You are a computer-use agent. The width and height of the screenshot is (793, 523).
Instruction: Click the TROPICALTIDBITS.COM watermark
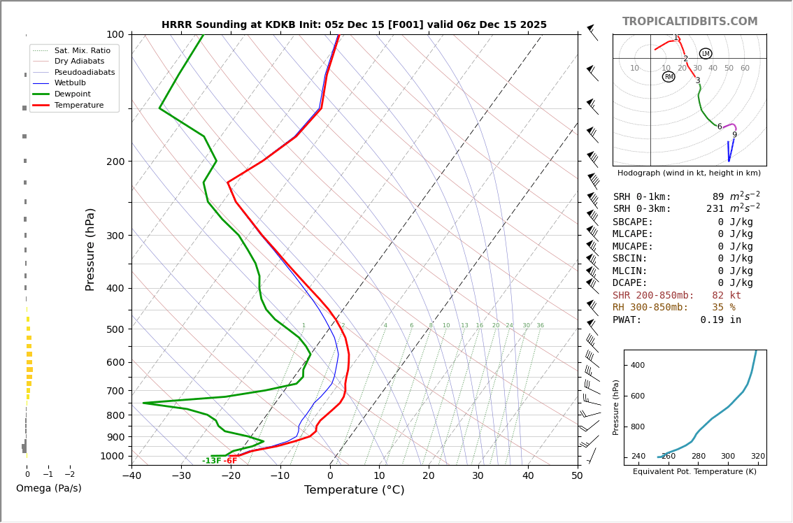[690, 22]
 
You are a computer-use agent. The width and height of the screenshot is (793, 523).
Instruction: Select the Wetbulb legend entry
[71, 83]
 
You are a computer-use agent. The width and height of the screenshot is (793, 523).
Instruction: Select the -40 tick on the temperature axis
[131, 476]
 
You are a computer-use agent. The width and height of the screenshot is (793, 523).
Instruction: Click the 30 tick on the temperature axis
[478, 476]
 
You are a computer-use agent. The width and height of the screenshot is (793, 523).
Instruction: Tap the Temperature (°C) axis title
[354, 490]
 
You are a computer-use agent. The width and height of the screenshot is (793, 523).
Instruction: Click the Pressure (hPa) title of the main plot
[90, 249]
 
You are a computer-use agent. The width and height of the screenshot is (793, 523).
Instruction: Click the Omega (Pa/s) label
[48, 488]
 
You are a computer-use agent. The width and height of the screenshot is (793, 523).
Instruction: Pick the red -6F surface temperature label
[230, 461]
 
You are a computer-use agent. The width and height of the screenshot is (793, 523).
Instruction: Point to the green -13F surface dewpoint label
[211, 461]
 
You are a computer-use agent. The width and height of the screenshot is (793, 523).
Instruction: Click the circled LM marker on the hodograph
[706, 54]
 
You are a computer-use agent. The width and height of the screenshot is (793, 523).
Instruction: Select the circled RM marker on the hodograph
[669, 77]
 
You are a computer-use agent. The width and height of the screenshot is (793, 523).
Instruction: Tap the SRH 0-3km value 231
[715, 209]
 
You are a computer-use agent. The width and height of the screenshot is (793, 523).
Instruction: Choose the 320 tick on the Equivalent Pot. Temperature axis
[758, 457]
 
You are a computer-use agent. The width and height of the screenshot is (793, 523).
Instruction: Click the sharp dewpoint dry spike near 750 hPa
[144, 403]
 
